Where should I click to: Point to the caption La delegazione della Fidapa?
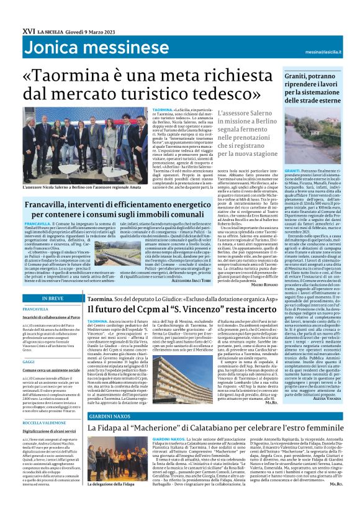[110, 500]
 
